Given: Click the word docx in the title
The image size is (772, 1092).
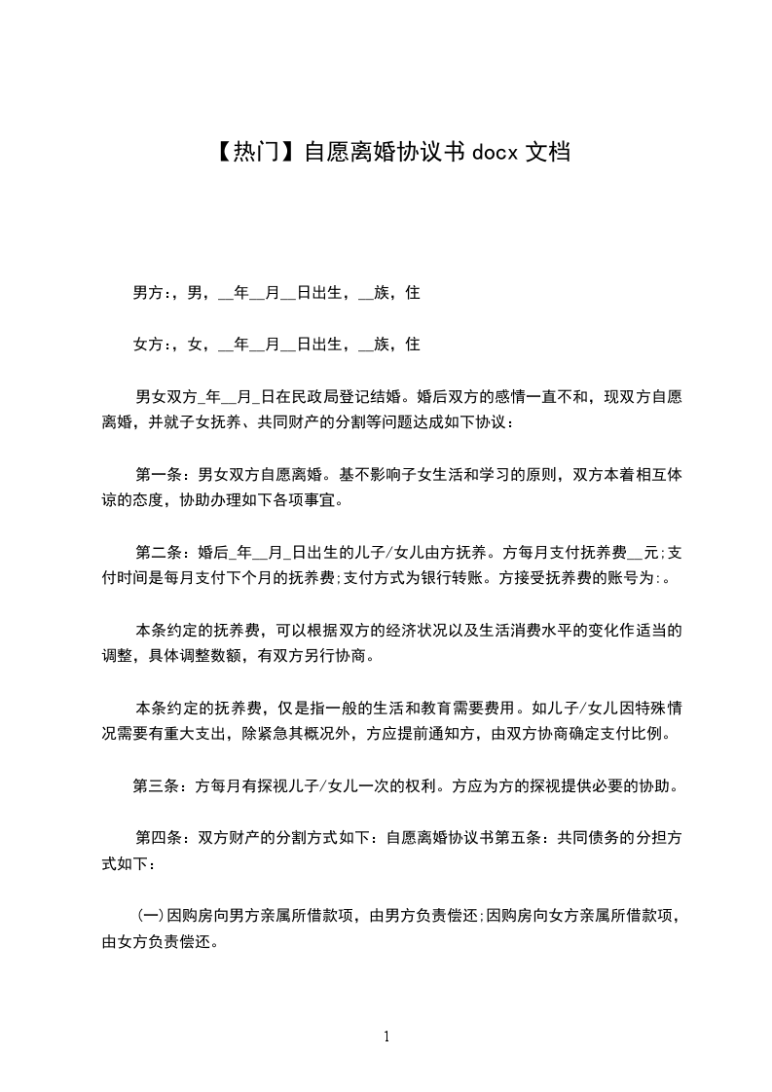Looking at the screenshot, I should pyautogui.click(x=495, y=152).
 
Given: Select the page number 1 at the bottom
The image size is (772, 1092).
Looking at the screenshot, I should pyautogui.click(x=386, y=1037).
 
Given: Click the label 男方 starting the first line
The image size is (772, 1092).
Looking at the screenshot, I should pyautogui.click(x=147, y=292).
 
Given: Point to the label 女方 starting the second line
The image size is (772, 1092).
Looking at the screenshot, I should pyautogui.click(x=147, y=344).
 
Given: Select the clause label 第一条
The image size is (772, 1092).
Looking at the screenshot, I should pyautogui.click(x=158, y=477).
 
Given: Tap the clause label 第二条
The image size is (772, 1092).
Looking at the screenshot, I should pyautogui.click(x=158, y=553).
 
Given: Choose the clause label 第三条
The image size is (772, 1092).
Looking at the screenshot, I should pyautogui.click(x=156, y=785).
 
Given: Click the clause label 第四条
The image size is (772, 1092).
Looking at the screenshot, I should pyautogui.click(x=158, y=837).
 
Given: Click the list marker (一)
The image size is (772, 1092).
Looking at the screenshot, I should pyautogui.click(x=149, y=917).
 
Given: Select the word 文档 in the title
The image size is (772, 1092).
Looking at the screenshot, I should pyautogui.click(x=547, y=152).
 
